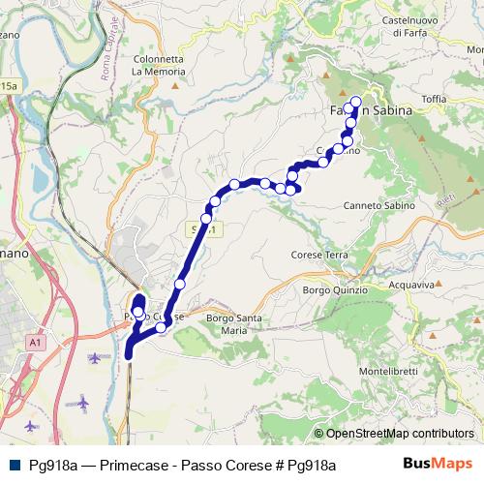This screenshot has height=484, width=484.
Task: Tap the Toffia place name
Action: coord(434,99)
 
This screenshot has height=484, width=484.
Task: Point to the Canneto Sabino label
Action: coord(376,206)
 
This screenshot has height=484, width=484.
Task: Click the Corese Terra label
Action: coord(318,255)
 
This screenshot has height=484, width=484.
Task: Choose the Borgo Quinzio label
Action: coord(336,289)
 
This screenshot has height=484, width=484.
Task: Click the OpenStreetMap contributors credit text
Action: coord(393,434)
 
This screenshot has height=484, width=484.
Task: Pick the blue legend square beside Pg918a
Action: coord(14,465)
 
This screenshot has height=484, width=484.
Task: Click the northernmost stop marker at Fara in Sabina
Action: coord(355,102)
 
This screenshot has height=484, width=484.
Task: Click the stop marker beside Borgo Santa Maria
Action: coord(161,327)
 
